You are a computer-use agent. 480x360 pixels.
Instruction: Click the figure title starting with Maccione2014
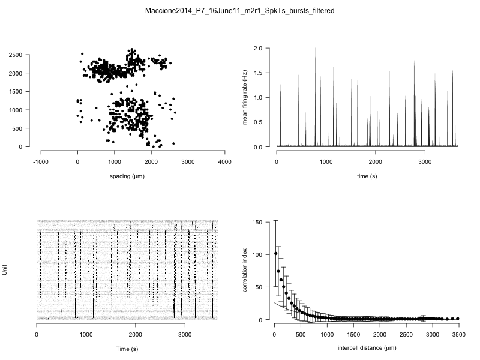240,11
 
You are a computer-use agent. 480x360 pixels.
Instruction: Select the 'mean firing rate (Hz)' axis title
245,97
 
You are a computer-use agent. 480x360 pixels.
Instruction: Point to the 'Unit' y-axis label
5,271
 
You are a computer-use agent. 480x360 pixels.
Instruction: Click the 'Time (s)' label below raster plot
127,349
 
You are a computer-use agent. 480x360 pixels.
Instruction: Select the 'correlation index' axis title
245,271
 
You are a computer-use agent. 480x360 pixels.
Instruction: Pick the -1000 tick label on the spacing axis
41,161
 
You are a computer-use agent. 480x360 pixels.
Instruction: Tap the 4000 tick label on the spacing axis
225,161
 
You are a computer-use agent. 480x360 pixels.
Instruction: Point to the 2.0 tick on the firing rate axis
258,47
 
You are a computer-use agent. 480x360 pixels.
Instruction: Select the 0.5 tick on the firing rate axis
258,122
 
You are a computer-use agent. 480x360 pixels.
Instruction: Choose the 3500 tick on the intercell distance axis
458,334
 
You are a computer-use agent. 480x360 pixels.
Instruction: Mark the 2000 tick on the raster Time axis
136,334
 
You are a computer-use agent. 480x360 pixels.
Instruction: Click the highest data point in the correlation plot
275,253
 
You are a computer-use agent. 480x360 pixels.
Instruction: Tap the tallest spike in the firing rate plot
315,49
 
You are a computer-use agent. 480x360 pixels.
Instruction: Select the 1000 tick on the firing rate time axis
326,161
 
